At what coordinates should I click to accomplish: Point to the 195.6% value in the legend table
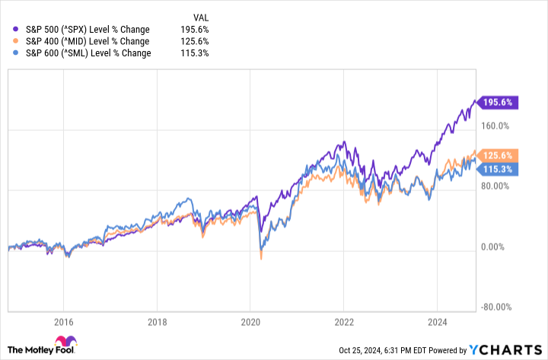click(x=195, y=28)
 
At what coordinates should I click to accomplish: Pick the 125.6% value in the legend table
click(x=195, y=40)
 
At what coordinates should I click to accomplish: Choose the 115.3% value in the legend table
click(x=195, y=53)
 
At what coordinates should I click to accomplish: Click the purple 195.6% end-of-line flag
click(x=499, y=102)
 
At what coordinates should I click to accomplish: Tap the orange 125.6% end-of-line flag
click(x=499, y=155)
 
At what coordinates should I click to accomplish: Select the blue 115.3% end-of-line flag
click(x=499, y=167)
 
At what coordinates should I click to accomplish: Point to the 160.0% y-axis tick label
click(x=495, y=126)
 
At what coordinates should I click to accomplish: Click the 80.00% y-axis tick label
click(x=495, y=186)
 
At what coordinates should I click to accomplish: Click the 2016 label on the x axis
click(x=63, y=321)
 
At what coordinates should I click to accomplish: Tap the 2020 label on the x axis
click(x=250, y=321)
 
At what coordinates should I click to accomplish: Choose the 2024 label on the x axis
click(x=437, y=321)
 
